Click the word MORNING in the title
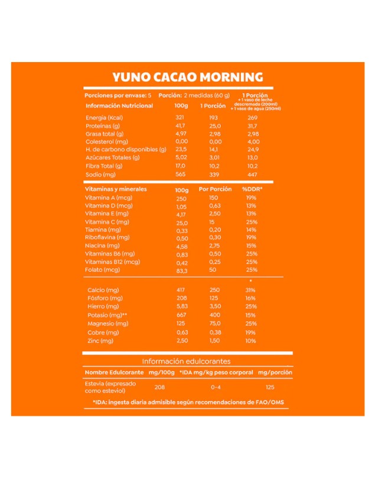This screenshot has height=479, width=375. point(231,77)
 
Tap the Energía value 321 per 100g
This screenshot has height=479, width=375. point(181,118)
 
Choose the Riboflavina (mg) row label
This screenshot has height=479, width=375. point(107,238)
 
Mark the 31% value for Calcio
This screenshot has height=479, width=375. point(250,290)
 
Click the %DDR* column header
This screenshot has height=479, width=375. point(252,189)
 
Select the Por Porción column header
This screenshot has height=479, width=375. point(215,189)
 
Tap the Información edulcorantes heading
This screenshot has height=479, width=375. point(186,361)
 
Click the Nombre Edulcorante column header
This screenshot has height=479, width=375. point(114,373)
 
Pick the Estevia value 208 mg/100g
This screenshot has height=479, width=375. point(159,387)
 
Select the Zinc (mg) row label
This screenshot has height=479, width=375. point(100,341)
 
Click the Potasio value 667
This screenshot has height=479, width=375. point(181,316)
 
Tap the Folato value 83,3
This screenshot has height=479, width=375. point(182,270)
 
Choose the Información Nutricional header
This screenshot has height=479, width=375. point(119,106)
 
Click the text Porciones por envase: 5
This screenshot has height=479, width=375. point(118,95)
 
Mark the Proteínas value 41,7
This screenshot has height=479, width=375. point(181,126)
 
